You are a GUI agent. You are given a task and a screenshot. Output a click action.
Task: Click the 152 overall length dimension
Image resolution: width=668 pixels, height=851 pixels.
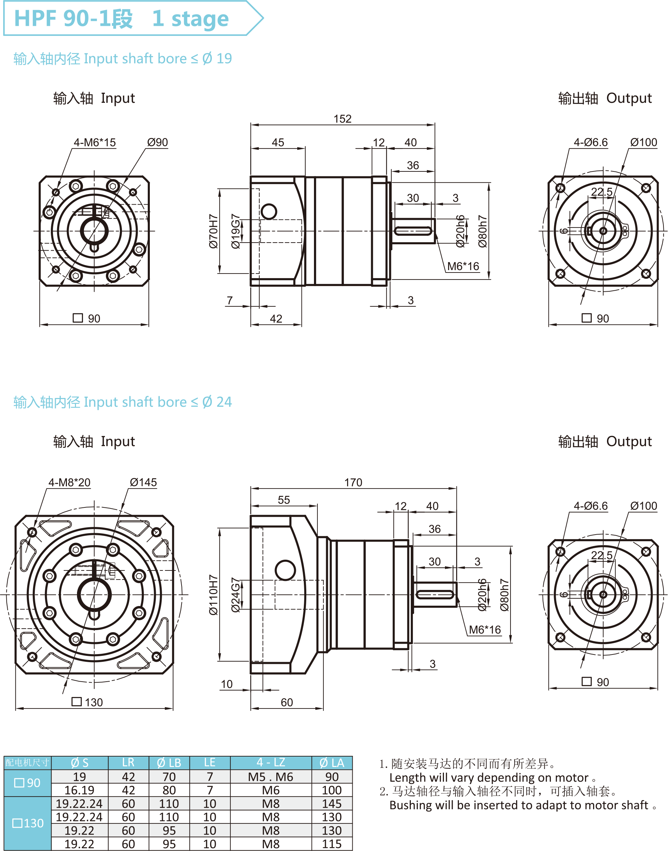(343, 119)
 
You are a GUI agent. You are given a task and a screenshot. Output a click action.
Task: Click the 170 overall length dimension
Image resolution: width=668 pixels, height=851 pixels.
(353, 482)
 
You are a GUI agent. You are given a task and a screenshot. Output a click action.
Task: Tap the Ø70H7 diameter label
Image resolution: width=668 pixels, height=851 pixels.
(214, 231)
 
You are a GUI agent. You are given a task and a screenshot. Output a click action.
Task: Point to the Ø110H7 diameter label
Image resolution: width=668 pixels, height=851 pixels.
(214, 595)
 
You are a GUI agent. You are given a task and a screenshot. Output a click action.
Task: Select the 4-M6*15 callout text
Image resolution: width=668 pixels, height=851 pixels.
(95, 142)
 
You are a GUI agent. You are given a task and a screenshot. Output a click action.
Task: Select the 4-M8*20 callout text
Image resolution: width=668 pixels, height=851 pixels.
(69, 482)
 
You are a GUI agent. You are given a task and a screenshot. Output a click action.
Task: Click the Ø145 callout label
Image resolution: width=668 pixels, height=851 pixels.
(143, 482)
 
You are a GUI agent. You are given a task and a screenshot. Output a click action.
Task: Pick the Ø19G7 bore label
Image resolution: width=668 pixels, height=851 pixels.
(236, 231)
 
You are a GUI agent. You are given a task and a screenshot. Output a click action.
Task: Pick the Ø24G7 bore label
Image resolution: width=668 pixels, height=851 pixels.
(236, 595)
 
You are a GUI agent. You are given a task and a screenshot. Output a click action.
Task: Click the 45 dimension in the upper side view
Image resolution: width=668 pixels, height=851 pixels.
(278, 142)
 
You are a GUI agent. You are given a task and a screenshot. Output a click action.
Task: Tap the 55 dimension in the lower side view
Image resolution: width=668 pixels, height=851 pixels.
(284, 500)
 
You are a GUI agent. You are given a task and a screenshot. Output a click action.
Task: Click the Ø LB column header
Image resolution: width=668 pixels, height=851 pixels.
(169, 762)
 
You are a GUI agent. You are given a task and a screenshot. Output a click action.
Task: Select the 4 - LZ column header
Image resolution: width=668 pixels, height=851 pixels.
(271, 762)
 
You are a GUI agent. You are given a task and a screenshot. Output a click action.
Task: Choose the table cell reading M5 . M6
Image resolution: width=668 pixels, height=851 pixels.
(271, 777)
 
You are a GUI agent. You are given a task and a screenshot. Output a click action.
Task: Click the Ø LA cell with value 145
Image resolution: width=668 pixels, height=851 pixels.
(332, 804)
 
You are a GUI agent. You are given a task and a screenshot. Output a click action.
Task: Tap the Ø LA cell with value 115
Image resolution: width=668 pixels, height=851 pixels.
(332, 844)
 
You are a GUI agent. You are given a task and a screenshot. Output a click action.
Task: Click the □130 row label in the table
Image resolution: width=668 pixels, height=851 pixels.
(28, 823)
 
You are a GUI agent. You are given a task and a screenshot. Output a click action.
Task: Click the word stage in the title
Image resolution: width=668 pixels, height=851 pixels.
(200, 19)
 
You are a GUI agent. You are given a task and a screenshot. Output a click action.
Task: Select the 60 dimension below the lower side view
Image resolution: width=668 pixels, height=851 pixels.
(287, 703)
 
